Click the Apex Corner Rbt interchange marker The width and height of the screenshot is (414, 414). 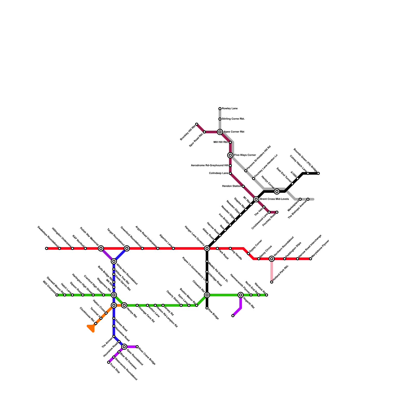coord(220,132)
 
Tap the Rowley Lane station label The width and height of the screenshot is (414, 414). coord(230,109)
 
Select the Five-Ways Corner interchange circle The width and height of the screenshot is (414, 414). coord(230,155)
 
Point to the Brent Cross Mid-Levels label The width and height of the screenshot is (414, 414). coord(274,199)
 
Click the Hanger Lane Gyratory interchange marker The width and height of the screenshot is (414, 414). coord(207,248)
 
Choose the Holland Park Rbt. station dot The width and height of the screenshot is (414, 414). coord(272,282)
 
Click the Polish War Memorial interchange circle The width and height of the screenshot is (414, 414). coord(101,248)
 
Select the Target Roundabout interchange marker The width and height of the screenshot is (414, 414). coord(127,248)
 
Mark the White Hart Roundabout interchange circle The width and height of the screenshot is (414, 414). coord(114,261)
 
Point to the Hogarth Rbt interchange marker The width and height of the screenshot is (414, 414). coord(241,295)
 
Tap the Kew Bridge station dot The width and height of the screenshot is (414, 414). coord(207,308)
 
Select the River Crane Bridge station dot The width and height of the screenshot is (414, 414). coord(137,347)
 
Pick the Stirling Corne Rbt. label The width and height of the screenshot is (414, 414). coord(233,119)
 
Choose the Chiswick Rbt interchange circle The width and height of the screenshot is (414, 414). coord(207,295)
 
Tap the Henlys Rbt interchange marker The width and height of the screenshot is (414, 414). coord(124,305)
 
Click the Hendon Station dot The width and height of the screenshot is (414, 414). coord(243,186)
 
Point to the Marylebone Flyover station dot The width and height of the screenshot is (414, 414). coord(310,259)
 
